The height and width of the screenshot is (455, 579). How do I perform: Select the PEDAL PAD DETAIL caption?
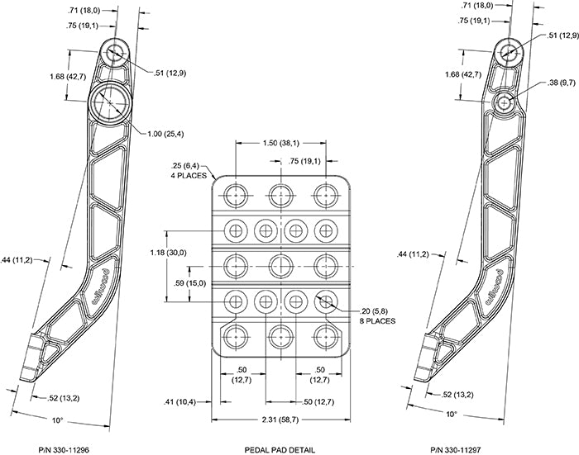pos(280,449)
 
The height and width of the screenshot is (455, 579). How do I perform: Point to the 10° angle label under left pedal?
pos(57,420)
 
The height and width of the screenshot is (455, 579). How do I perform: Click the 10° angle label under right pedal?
pos(452,413)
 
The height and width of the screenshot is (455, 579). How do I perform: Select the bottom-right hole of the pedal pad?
pos(324,335)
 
